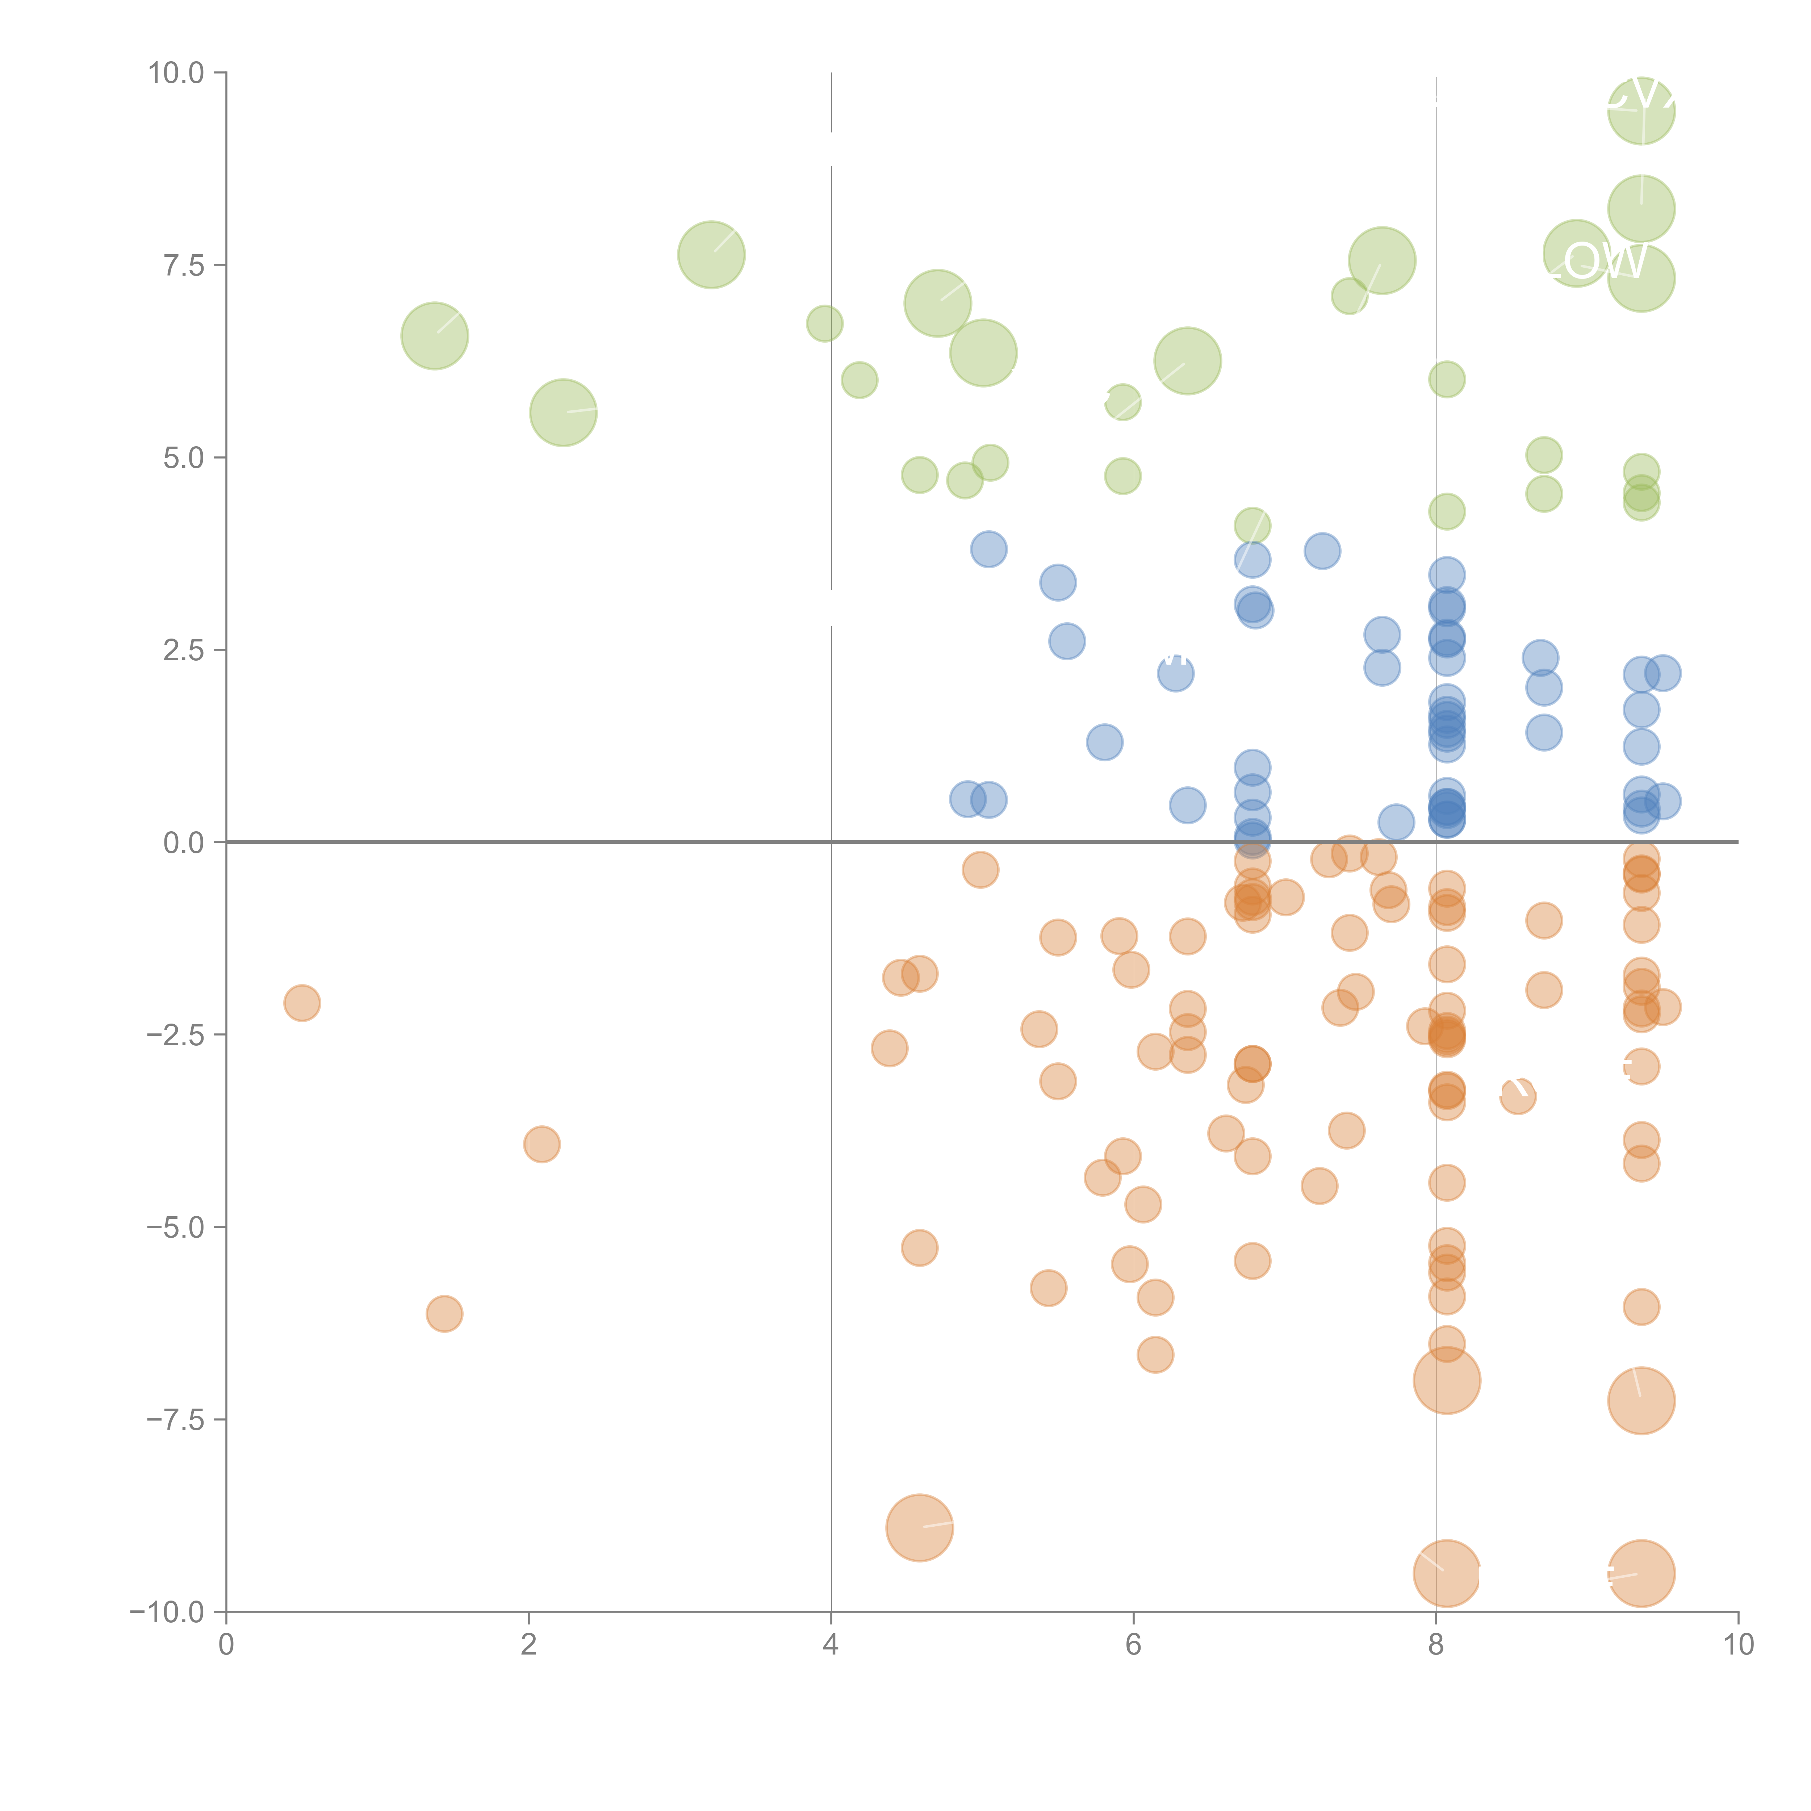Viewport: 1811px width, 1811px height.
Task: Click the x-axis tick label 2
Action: point(529,1645)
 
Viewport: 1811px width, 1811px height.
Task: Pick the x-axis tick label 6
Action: point(1133,1645)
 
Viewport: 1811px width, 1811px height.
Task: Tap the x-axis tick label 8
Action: point(1436,1645)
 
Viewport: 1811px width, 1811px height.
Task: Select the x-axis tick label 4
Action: point(831,1645)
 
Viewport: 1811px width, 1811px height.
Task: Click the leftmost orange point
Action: point(302,1003)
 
